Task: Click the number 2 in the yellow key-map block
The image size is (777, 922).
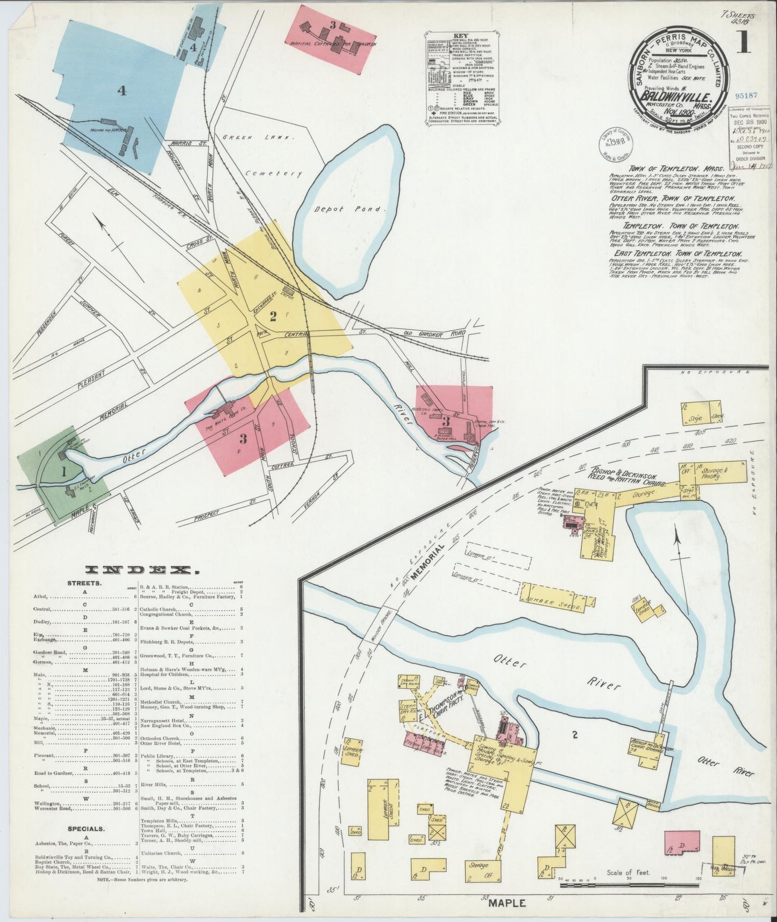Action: click(273, 317)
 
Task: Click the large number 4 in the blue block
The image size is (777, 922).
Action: click(122, 91)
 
